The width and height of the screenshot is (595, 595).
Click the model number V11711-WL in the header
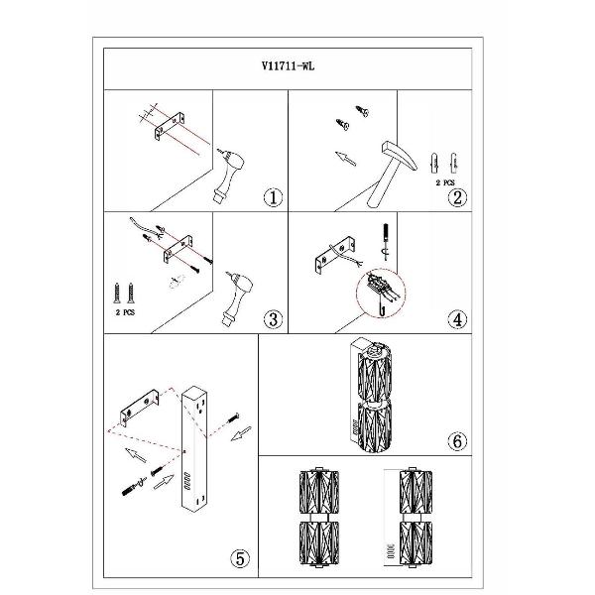pyautogui.click(x=288, y=66)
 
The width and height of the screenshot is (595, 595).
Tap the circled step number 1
pyautogui.click(x=273, y=197)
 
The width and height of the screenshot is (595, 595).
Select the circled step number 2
pyautogui.click(x=457, y=197)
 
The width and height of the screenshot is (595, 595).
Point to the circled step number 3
pyautogui.click(x=273, y=319)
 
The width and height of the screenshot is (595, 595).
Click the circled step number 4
pyautogui.click(x=457, y=319)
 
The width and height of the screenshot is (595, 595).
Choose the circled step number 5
pyautogui.click(x=240, y=558)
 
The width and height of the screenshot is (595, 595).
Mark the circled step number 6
pyautogui.click(x=457, y=441)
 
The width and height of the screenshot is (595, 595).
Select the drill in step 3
pyautogui.click(x=237, y=298)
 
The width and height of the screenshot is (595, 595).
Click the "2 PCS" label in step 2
pyautogui.click(x=444, y=182)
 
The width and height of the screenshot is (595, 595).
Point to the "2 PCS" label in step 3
pyautogui.click(x=125, y=312)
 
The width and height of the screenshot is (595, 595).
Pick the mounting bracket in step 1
pyautogui.click(x=170, y=126)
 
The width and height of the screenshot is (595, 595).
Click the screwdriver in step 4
pyautogui.click(x=386, y=241)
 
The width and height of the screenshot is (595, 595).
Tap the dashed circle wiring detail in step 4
pyautogui.click(x=381, y=293)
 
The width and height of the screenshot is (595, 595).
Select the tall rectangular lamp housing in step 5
pyautogui.click(x=194, y=449)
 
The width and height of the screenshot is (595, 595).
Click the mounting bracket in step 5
pyautogui.click(x=139, y=408)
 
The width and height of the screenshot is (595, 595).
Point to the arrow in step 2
pyautogui.click(x=346, y=159)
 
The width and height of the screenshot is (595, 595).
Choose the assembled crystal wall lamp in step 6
pyautogui.click(x=371, y=395)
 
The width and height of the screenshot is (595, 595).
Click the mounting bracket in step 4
pyautogui.click(x=335, y=255)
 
